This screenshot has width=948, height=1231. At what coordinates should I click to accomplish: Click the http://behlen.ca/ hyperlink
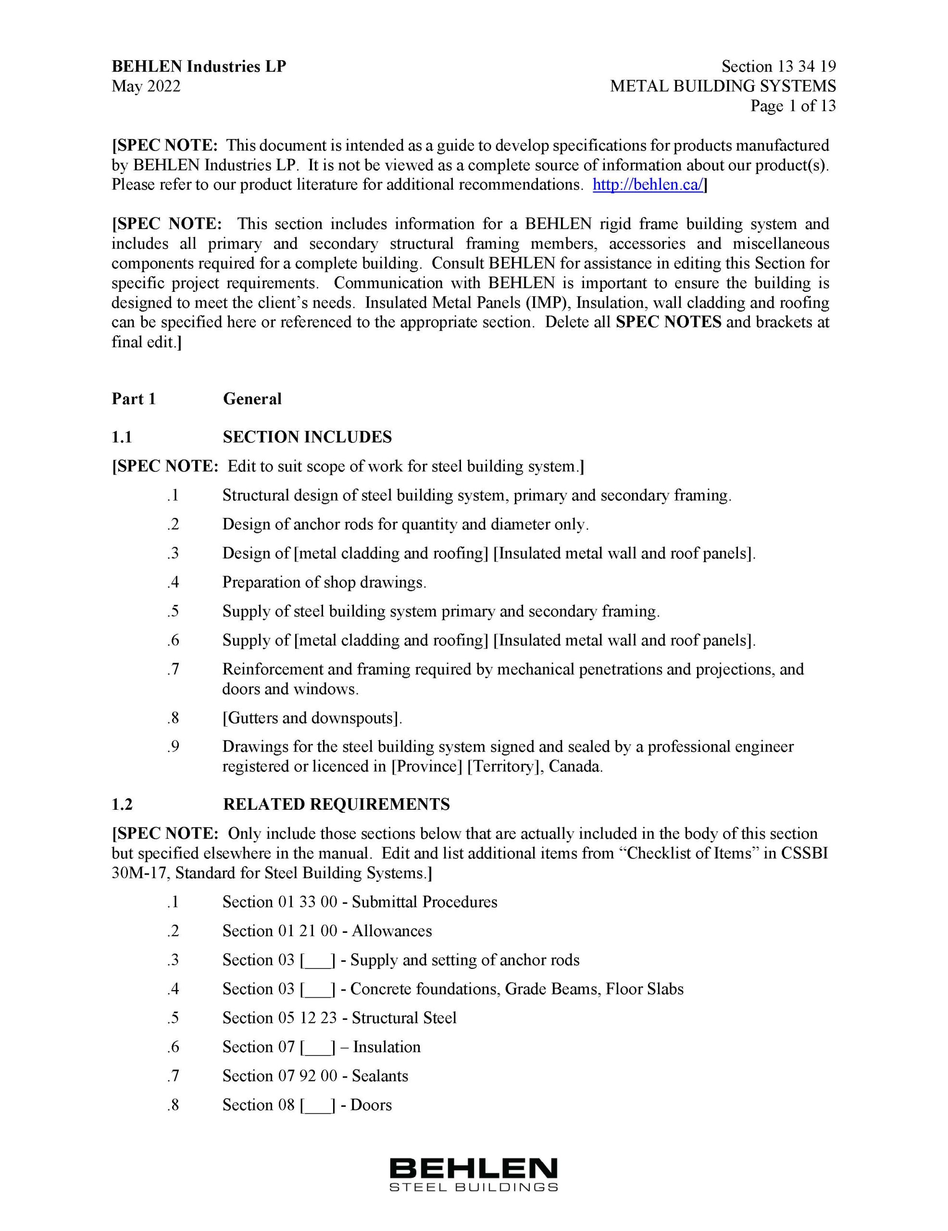pyautogui.click(x=648, y=185)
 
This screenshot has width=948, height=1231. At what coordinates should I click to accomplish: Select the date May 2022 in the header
pyautogui.click(x=146, y=86)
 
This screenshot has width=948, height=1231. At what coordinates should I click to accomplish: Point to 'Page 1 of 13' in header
pyautogui.click(x=792, y=106)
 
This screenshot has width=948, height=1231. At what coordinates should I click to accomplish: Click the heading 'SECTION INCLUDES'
pyautogui.click(x=307, y=437)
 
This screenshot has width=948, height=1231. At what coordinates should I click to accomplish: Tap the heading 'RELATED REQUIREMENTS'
pyautogui.click(x=337, y=804)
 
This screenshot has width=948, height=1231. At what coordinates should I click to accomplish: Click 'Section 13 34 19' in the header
pyautogui.click(x=778, y=66)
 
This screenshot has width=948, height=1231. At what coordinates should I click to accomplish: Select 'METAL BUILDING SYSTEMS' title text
pyautogui.click(x=723, y=86)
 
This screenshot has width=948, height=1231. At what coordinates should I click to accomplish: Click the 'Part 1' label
pyautogui.click(x=134, y=399)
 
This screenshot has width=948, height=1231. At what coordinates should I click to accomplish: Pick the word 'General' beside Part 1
pyautogui.click(x=252, y=399)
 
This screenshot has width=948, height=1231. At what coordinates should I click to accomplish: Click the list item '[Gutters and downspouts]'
pyautogui.click(x=312, y=718)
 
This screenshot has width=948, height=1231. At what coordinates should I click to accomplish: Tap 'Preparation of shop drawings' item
pyautogui.click(x=324, y=582)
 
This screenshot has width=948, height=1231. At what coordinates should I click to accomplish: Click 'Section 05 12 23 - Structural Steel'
pyautogui.click(x=339, y=1018)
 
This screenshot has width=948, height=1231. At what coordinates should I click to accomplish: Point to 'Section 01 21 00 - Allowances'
pyautogui.click(x=327, y=931)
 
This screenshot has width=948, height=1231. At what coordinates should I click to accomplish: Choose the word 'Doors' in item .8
pyautogui.click(x=371, y=1105)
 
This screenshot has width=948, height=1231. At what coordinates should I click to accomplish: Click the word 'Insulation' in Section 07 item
pyautogui.click(x=387, y=1047)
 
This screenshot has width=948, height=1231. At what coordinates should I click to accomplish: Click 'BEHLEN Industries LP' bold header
pyautogui.click(x=199, y=66)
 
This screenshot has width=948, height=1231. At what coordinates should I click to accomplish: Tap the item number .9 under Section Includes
pyautogui.click(x=173, y=747)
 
